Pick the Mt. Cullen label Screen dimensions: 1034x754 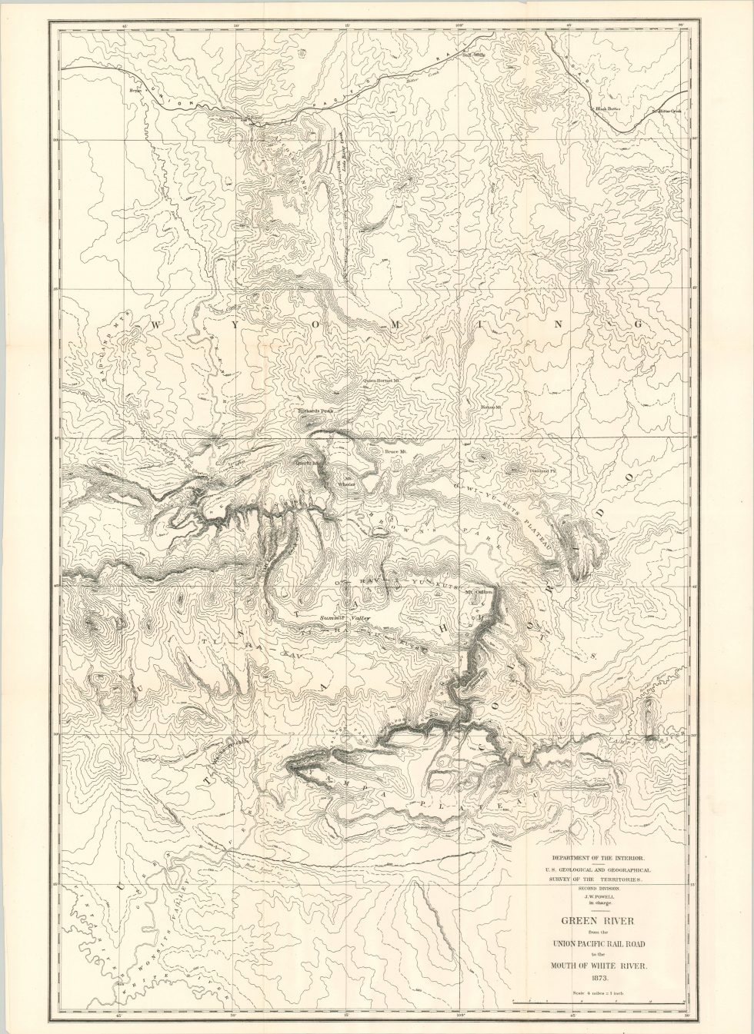pyautogui.click(x=478, y=591)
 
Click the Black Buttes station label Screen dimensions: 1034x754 pyautogui.click(x=607, y=109)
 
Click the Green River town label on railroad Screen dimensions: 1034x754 pyautogui.click(x=246, y=118)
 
